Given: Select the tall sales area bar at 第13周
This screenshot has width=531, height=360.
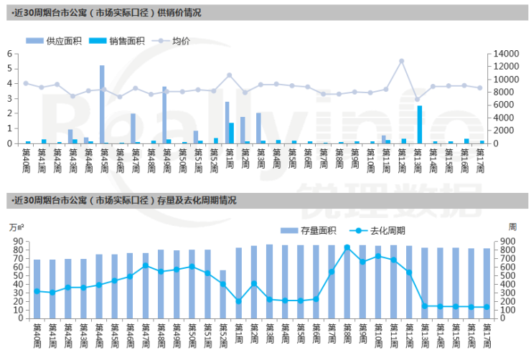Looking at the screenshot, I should [420, 124].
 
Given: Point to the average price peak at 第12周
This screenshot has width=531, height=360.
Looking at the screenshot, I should [402, 61].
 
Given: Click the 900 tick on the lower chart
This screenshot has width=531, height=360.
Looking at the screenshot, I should [497, 242].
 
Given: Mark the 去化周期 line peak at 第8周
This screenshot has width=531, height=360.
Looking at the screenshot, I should [347, 247].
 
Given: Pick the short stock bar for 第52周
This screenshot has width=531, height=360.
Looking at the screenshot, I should [223, 294].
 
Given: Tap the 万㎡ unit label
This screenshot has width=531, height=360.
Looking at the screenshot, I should [16, 227].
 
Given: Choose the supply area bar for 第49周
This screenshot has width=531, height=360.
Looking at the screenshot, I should [164, 115].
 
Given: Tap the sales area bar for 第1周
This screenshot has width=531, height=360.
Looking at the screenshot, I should [232, 133].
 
